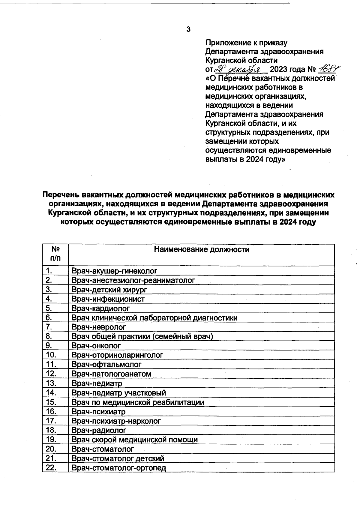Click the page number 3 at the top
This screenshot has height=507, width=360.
(188, 29)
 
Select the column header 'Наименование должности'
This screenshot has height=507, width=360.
(201, 249)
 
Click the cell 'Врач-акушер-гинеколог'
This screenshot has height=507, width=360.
(114, 271)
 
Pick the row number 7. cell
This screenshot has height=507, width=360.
(49, 327)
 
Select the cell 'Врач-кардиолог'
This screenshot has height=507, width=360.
(100, 308)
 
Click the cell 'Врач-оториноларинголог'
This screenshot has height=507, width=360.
(117, 355)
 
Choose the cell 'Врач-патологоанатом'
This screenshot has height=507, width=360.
(111, 374)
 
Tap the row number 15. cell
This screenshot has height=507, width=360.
(51, 402)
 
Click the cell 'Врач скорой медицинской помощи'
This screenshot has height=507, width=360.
(135, 440)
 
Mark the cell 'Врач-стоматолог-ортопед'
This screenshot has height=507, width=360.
(119, 468)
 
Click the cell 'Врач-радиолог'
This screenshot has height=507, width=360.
(99, 430)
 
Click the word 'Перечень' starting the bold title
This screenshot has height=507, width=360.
(60, 195)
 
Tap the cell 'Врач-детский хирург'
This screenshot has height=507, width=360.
(109, 290)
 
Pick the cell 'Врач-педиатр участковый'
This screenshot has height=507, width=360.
(119, 392)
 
